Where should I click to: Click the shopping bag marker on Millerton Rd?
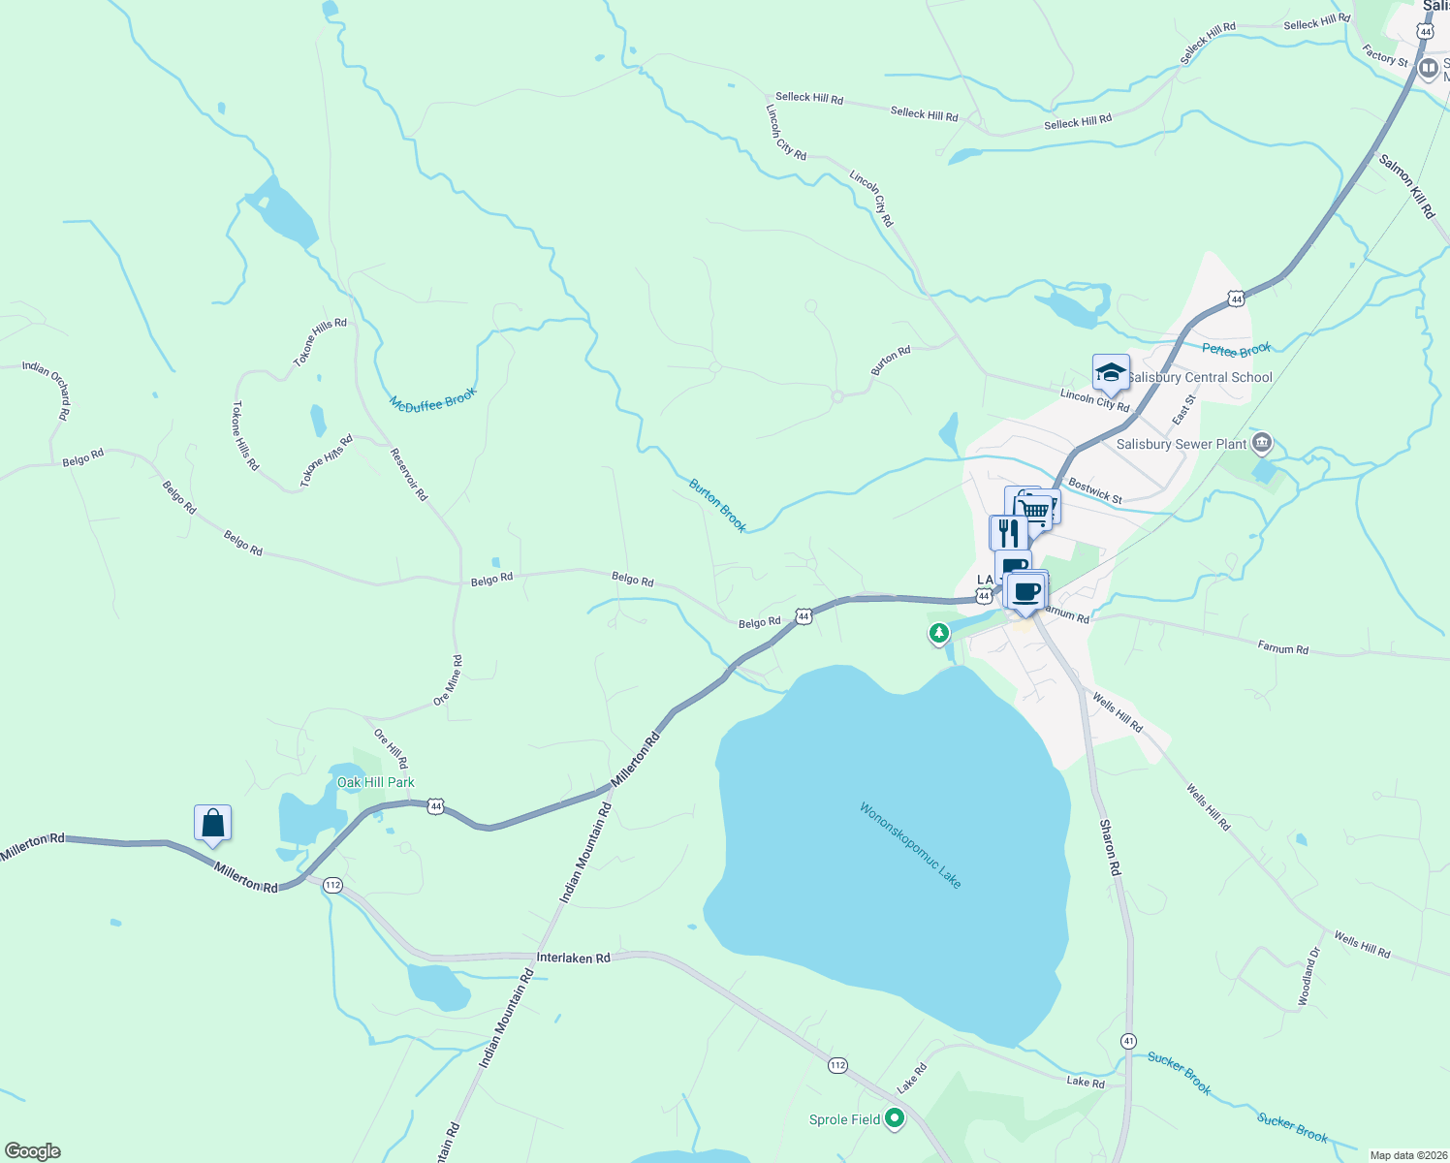click(x=212, y=824)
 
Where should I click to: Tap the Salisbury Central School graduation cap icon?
click(x=1111, y=373)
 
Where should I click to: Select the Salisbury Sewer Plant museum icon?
click(x=1261, y=444)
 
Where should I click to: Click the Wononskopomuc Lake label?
click(x=910, y=845)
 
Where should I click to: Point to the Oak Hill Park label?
click(x=376, y=782)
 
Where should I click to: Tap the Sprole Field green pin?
click(x=895, y=1119)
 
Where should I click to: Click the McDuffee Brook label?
click(x=433, y=400)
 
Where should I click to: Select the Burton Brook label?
click(x=718, y=505)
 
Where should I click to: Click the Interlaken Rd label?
click(x=574, y=958)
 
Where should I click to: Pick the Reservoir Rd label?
click(x=409, y=474)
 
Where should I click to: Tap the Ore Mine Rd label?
click(x=449, y=679)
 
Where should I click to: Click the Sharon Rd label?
click(x=1110, y=848)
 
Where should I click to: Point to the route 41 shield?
click(x=1128, y=1041)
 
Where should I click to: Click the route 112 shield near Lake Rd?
click(x=838, y=1065)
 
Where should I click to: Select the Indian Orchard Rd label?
click(x=47, y=390)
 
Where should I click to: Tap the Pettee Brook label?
click(x=1236, y=350)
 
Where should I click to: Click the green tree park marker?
click(x=938, y=634)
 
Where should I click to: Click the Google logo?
click(x=33, y=1151)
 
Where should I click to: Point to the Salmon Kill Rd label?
click(x=1406, y=186)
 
